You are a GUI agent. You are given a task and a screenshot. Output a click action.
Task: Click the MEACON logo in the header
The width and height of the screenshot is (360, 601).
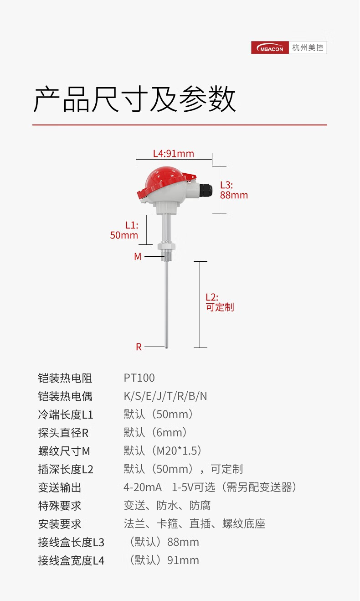[x=270, y=48]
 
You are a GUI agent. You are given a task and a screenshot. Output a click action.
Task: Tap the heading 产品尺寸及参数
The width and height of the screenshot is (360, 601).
[x=135, y=99]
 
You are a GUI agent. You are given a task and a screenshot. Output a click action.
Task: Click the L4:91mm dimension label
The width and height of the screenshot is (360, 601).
[x=173, y=153]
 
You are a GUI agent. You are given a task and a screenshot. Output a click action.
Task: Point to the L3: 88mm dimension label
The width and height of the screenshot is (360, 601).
[x=234, y=190]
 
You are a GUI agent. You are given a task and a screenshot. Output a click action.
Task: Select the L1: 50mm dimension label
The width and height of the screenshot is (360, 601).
[x=124, y=230]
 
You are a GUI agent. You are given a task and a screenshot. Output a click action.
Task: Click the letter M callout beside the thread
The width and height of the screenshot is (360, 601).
[x=138, y=257]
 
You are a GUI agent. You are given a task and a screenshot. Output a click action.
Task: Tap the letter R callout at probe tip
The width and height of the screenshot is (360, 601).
[x=139, y=347]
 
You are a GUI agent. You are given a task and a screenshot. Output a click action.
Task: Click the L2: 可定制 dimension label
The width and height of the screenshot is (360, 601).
[x=220, y=302]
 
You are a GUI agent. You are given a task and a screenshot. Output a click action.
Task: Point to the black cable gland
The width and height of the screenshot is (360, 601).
[x=206, y=190]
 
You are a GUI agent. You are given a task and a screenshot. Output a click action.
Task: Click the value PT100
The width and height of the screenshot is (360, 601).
[x=139, y=378]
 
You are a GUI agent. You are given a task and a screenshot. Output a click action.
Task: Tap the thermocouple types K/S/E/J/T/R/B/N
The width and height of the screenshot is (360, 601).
[x=165, y=396]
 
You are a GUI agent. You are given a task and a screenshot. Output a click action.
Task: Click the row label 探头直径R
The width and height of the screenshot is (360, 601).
[x=63, y=433]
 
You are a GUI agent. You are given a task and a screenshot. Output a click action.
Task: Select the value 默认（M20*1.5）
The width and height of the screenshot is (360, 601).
[x=163, y=451]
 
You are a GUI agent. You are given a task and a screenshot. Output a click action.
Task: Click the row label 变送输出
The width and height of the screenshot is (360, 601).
[x=60, y=487]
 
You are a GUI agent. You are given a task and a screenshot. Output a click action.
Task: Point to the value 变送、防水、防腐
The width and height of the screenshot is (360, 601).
[x=167, y=506]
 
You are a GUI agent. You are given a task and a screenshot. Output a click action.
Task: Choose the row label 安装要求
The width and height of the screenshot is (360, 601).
[x=60, y=524]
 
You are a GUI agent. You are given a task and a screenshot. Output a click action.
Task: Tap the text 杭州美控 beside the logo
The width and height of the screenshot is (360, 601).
[x=308, y=48]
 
